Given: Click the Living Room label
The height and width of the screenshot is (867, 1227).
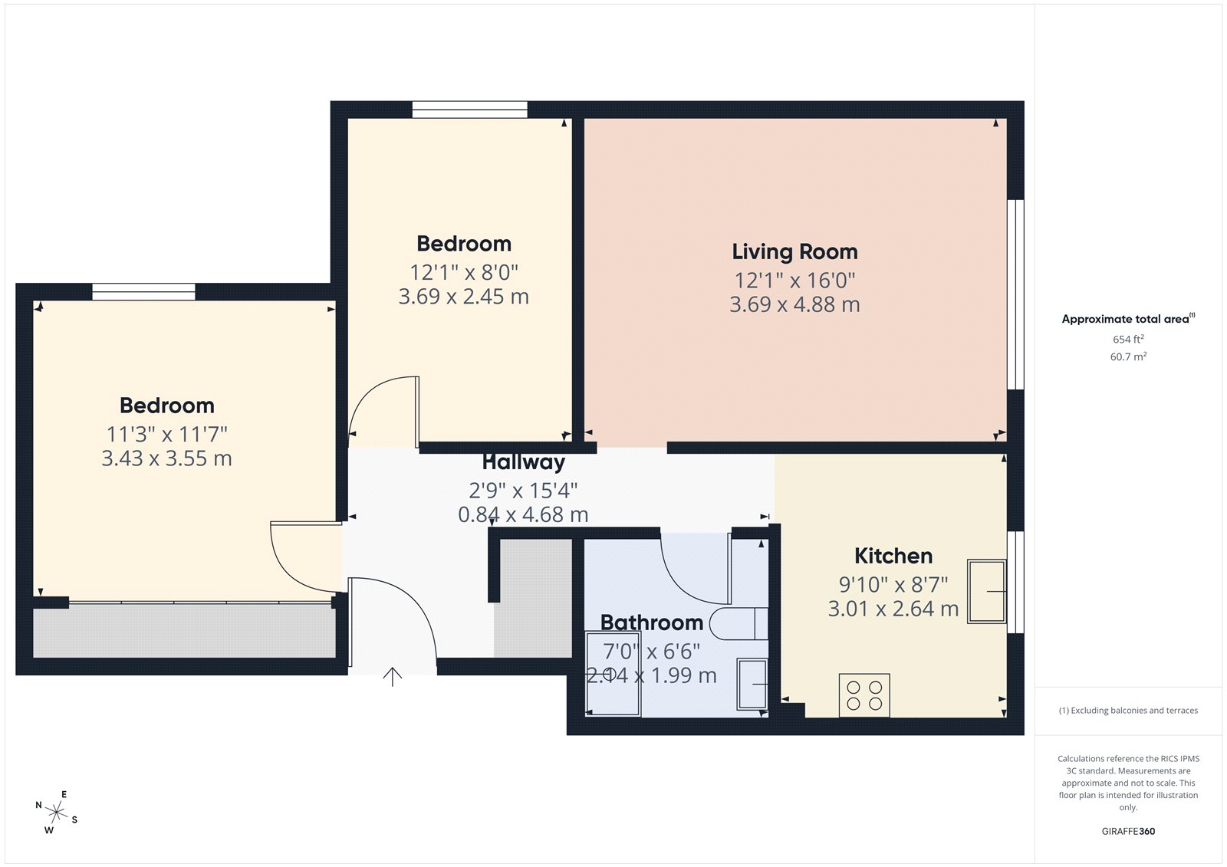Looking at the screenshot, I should pyautogui.click(x=794, y=251).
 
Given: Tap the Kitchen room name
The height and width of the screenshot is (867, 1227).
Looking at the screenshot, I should pyautogui.click(x=893, y=556).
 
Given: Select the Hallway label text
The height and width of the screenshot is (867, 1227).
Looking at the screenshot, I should pyautogui.click(x=524, y=462).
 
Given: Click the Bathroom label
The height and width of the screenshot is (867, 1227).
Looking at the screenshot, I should pyautogui.click(x=652, y=622).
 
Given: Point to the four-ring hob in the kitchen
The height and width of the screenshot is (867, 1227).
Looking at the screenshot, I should pyautogui.click(x=864, y=695).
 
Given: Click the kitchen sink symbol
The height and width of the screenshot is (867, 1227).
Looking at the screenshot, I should pyautogui.click(x=987, y=591).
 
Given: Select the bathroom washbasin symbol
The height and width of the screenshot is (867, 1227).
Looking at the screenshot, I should pyautogui.click(x=752, y=683).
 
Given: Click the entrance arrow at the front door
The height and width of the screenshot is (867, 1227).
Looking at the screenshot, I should pyautogui.click(x=393, y=677).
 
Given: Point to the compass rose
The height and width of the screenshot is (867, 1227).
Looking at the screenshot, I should pyautogui.click(x=56, y=812).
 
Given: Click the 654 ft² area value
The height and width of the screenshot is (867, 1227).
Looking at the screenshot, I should pyautogui.click(x=1128, y=339).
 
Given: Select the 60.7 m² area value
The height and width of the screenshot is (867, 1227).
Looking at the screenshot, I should pyautogui.click(x=1128, y=356).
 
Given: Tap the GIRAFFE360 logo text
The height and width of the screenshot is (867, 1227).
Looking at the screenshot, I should pyautogui.click(x=1128, y=831).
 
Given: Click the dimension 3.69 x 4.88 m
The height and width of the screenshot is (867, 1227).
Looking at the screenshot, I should pyautogui.click(x=794, y=304).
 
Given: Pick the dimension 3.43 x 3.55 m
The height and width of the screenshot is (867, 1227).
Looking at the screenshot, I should pyautogui.click(x=166, y=458).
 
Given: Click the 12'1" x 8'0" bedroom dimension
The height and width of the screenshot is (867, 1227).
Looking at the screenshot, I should pyautogui.click(x=464, y=272).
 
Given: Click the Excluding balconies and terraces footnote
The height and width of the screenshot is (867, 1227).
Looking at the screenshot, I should pyautogui.click(x=1128, y=711).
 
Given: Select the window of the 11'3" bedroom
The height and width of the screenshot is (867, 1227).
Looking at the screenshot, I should pyautogui.click(x=143, y=291).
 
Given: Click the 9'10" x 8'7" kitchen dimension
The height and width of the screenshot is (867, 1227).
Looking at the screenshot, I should pyautogui.click(x=893, y=584).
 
